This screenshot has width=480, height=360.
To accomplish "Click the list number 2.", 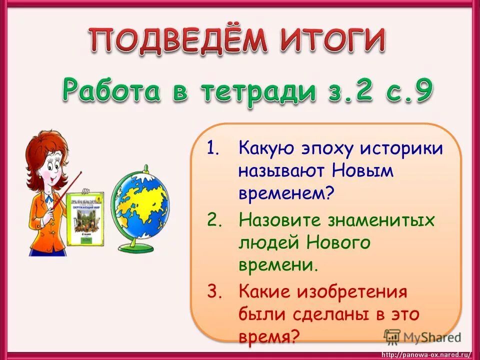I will pyautogui.click(x=213, y=220).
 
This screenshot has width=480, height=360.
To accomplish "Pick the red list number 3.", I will pyautogui.click(x=213, y=292).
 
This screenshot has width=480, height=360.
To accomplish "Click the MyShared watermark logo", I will pyautogui.click(x=422, y=336).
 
